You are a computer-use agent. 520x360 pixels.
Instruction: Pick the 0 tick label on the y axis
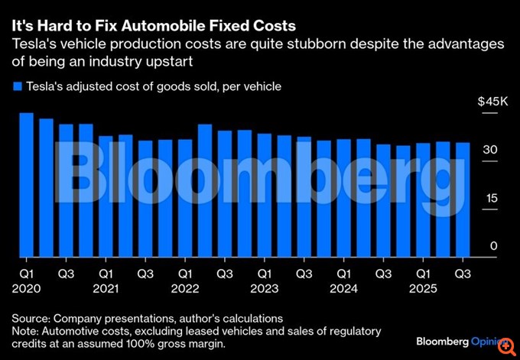point(493,246)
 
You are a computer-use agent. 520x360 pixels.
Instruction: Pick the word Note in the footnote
point(25,330)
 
